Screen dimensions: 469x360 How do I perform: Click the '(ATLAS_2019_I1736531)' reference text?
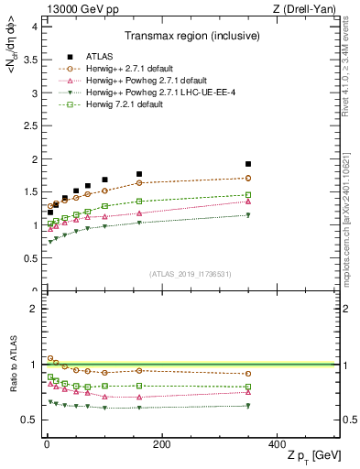[191, 273]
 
